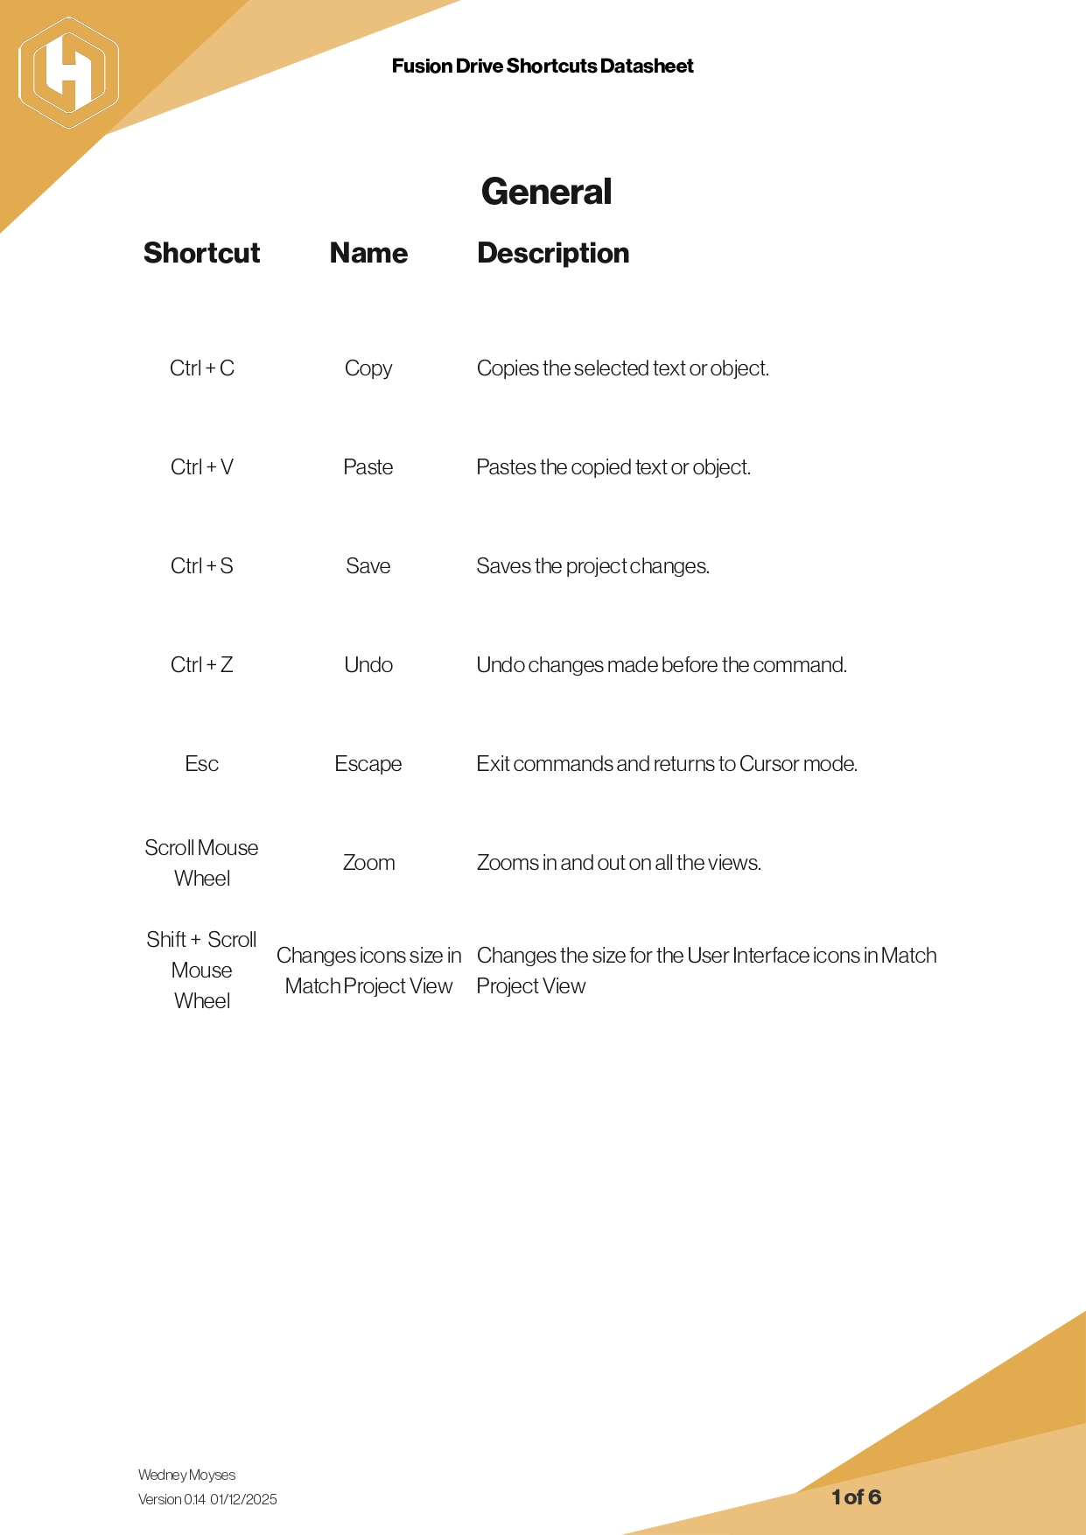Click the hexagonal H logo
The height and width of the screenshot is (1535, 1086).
tap(68, 73)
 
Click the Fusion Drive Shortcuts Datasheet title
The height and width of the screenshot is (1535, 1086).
tap(543, 67)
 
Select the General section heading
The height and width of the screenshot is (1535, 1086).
tap(546, 192)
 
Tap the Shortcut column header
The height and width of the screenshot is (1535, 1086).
tap(201, 253)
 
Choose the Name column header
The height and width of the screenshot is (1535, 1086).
tap(368, 253)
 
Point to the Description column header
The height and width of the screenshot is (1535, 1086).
tap(553, 253)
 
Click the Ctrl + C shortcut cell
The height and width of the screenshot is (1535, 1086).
tap(202, 368)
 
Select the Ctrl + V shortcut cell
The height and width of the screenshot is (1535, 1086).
tap(202, 467)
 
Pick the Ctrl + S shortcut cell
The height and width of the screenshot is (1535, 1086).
tap(202, 566)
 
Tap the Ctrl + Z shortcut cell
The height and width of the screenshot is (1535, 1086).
tap(202, 665)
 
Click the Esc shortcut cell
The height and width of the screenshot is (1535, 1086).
tap(202, 764)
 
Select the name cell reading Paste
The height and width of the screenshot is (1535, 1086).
tap(368, 467)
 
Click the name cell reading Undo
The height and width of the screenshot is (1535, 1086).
tap(368, 665)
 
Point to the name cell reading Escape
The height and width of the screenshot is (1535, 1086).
tap(368, 764)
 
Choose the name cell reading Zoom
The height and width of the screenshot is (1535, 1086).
tap(368, 863)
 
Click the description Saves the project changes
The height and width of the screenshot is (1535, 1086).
tap(592, 566)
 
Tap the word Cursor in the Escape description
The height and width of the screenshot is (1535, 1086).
tap(768, 764)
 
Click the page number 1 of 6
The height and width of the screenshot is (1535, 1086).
tap(856, 1497)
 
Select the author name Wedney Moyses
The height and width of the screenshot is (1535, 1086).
tap(186, 1475)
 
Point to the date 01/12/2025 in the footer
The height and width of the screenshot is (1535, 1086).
tap(243, 1500)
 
